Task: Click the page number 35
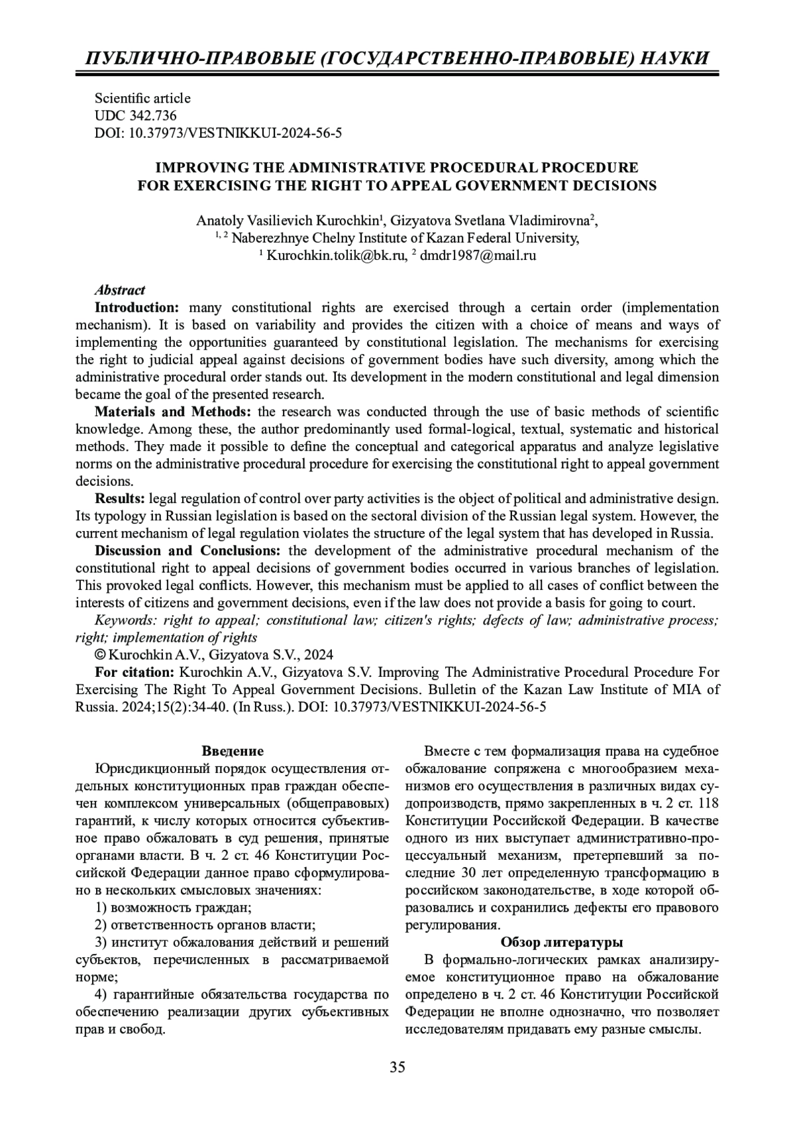(397, 1067)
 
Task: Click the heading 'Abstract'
(120, 290)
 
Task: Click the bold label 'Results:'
(121, 499)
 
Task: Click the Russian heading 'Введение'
(233, 751)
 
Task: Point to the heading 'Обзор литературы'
(561, 942)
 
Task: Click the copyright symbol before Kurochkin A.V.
(100, 655)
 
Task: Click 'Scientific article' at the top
(142, 98)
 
